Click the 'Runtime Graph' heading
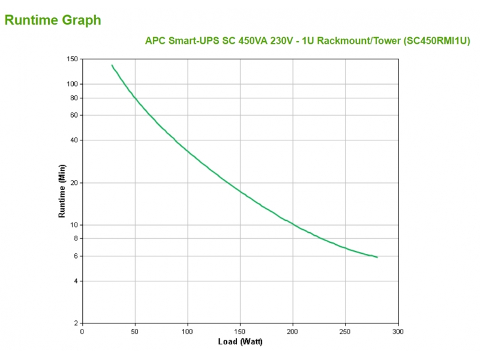53,20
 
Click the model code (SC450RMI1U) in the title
436,40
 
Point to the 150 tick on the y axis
72,59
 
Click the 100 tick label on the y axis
72,84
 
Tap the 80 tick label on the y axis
74,98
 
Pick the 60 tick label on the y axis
74,115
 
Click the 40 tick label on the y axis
74,140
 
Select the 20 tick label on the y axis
74,182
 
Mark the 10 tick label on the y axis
74,225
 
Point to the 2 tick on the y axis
76,323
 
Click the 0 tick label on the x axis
82,331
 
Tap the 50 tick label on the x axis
135,331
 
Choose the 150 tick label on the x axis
240,331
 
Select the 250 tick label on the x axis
345,331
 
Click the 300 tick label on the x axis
398,331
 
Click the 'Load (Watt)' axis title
240,342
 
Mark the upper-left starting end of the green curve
112,65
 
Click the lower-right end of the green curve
377,257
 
